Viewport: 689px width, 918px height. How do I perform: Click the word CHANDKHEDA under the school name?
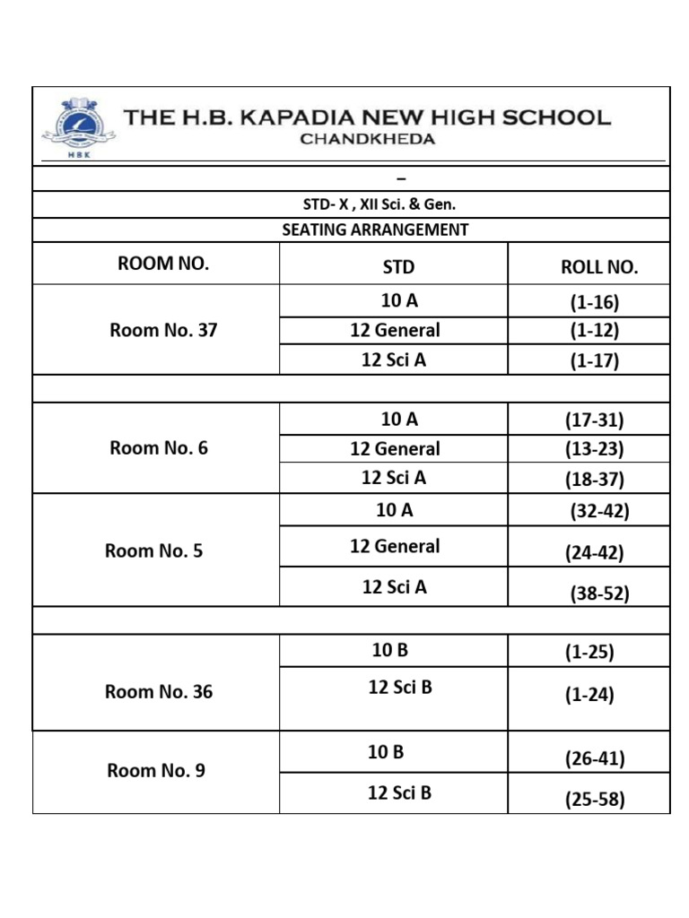tap(367, 139)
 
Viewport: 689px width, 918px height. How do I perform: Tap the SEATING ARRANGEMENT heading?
tap(375, 230)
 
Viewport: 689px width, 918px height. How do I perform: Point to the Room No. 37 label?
tap(163, 330)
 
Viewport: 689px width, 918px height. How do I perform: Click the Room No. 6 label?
tap(159, 448)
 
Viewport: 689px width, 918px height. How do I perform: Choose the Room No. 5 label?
tap(154, 551)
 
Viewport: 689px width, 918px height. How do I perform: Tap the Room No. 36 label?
tap(159, 692)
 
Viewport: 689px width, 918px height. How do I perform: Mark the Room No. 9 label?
tap(156, 771)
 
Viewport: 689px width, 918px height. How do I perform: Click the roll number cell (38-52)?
tap(600, 593)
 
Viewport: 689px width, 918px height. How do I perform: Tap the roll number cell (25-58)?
tap(594, 800)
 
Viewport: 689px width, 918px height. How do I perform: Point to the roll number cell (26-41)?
tap(594, 759)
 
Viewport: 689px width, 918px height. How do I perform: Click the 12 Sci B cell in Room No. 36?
tap(400, 688)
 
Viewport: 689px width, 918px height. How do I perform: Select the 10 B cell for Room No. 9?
tap(386, 752)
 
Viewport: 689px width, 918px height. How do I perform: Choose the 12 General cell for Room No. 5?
tap(395, 546)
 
